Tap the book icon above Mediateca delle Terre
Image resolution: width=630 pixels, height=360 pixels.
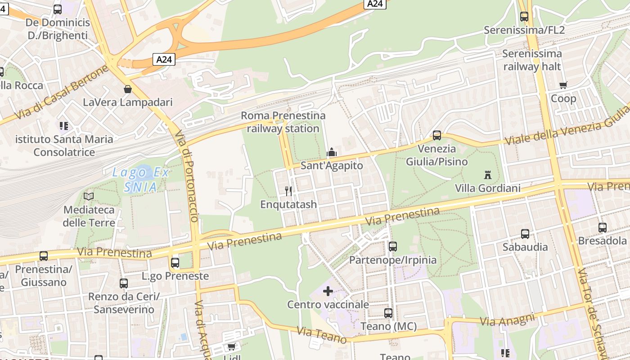pyautogui.click(x=89, y=196)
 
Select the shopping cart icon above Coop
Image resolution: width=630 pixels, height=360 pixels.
pyautogui.click(x=563, y=85)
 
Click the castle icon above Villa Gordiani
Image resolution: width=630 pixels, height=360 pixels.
pyautogui.click(x=487, y=175)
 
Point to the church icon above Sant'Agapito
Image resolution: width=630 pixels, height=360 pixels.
pyautogui.click(x=332, y=152)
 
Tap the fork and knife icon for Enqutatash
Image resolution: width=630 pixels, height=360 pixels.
pyautogui.click(x=288, y=191)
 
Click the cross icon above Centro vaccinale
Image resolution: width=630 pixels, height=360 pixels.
pyautogui.click(x=328, y=291)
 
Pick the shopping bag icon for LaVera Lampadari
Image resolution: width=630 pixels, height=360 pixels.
pyautogui.click(x=128, y=89)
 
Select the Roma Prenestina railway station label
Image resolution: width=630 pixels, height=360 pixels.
pyautogui.click(x=283, y=122)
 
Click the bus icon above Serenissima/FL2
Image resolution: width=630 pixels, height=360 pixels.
pyautogui.click(x=524, y=17)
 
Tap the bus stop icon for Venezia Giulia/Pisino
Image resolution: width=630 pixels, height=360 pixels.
pyautogui.click(x=436, y=135)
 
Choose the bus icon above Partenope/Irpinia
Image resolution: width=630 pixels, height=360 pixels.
pyautogui.click(x=393, y=246)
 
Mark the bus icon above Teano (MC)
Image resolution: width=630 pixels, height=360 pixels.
pyautogui.click(x=388, y=313)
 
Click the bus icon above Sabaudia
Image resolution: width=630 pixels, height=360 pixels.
pyautogui.click(x=525, y=234)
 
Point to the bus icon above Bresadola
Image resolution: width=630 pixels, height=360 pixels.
pyautogui.click(x=603, y=228)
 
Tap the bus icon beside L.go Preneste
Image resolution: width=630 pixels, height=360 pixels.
pyautogui.click(x=175, y=262)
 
